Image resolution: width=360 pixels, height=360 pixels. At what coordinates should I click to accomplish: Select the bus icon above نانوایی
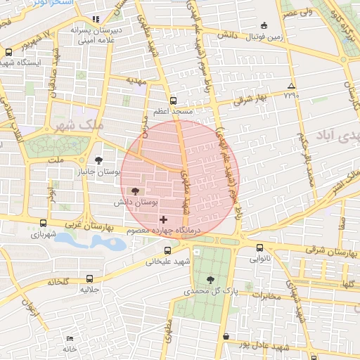pyautogui.click(x=259, y=247)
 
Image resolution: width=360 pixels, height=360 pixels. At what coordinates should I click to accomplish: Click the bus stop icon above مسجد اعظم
pyautogui.click(x=174, y=101)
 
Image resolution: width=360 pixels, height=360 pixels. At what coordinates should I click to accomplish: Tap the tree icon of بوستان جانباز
pyautogui.click(x=98, y=160)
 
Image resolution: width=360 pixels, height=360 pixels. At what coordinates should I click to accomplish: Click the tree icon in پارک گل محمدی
pyautogui.click(x=211, y=280)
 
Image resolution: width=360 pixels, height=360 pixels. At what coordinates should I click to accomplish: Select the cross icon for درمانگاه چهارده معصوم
pyautogui.click(x=164, y=220)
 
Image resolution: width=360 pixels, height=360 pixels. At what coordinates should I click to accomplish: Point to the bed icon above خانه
pyautogui.click(x=68, y=338)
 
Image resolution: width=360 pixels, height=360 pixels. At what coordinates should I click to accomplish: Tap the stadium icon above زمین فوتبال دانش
pyautogui.click(x=264, y=24)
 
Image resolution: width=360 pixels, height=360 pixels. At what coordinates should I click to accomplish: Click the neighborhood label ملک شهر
pyautogui.click(x=78, y=124)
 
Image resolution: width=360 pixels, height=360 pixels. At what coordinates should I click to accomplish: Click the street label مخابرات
pyautogui.click(x=265, y=295)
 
